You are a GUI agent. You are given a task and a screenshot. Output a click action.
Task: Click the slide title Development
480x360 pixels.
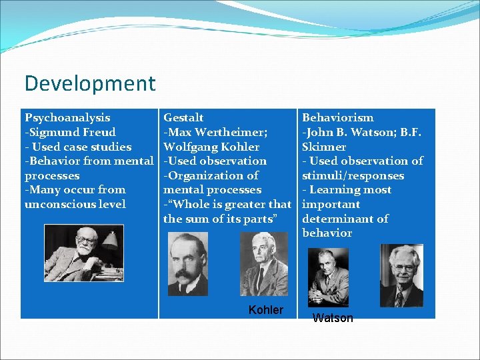89,84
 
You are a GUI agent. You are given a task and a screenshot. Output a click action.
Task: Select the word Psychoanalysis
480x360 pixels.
67,118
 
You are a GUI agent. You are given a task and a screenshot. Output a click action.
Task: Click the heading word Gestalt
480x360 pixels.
183,118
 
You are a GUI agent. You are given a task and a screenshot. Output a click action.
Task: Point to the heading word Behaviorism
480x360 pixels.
338,118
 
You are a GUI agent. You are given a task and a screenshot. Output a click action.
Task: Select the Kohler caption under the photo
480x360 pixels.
265,310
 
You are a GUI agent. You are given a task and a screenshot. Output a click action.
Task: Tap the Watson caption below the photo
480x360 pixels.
333,318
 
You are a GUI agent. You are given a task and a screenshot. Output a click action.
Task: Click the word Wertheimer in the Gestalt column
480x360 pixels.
231,132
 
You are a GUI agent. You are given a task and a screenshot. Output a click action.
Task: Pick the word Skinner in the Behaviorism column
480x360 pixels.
324,147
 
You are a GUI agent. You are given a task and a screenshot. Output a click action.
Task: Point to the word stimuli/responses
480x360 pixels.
353,176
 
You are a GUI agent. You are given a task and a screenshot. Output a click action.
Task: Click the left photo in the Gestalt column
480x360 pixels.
189,264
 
